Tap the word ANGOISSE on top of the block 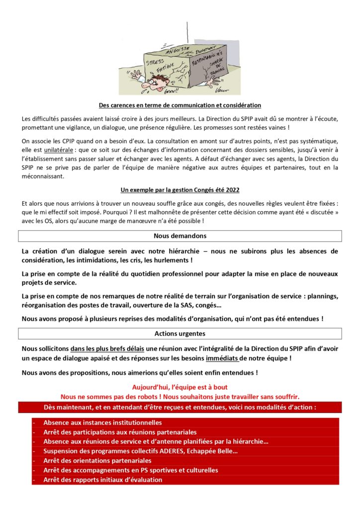coord(180,48)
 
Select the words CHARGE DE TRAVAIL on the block coord(215,69)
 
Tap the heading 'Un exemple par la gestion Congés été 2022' coord(180,190)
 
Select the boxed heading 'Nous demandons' coord(180,236)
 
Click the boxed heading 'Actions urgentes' coord(180,333)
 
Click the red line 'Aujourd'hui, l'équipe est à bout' coord(180,387)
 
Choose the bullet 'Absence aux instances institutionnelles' coord(102,423)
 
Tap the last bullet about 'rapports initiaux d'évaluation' coord(102,480)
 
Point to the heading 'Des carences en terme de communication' coord(180,105)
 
